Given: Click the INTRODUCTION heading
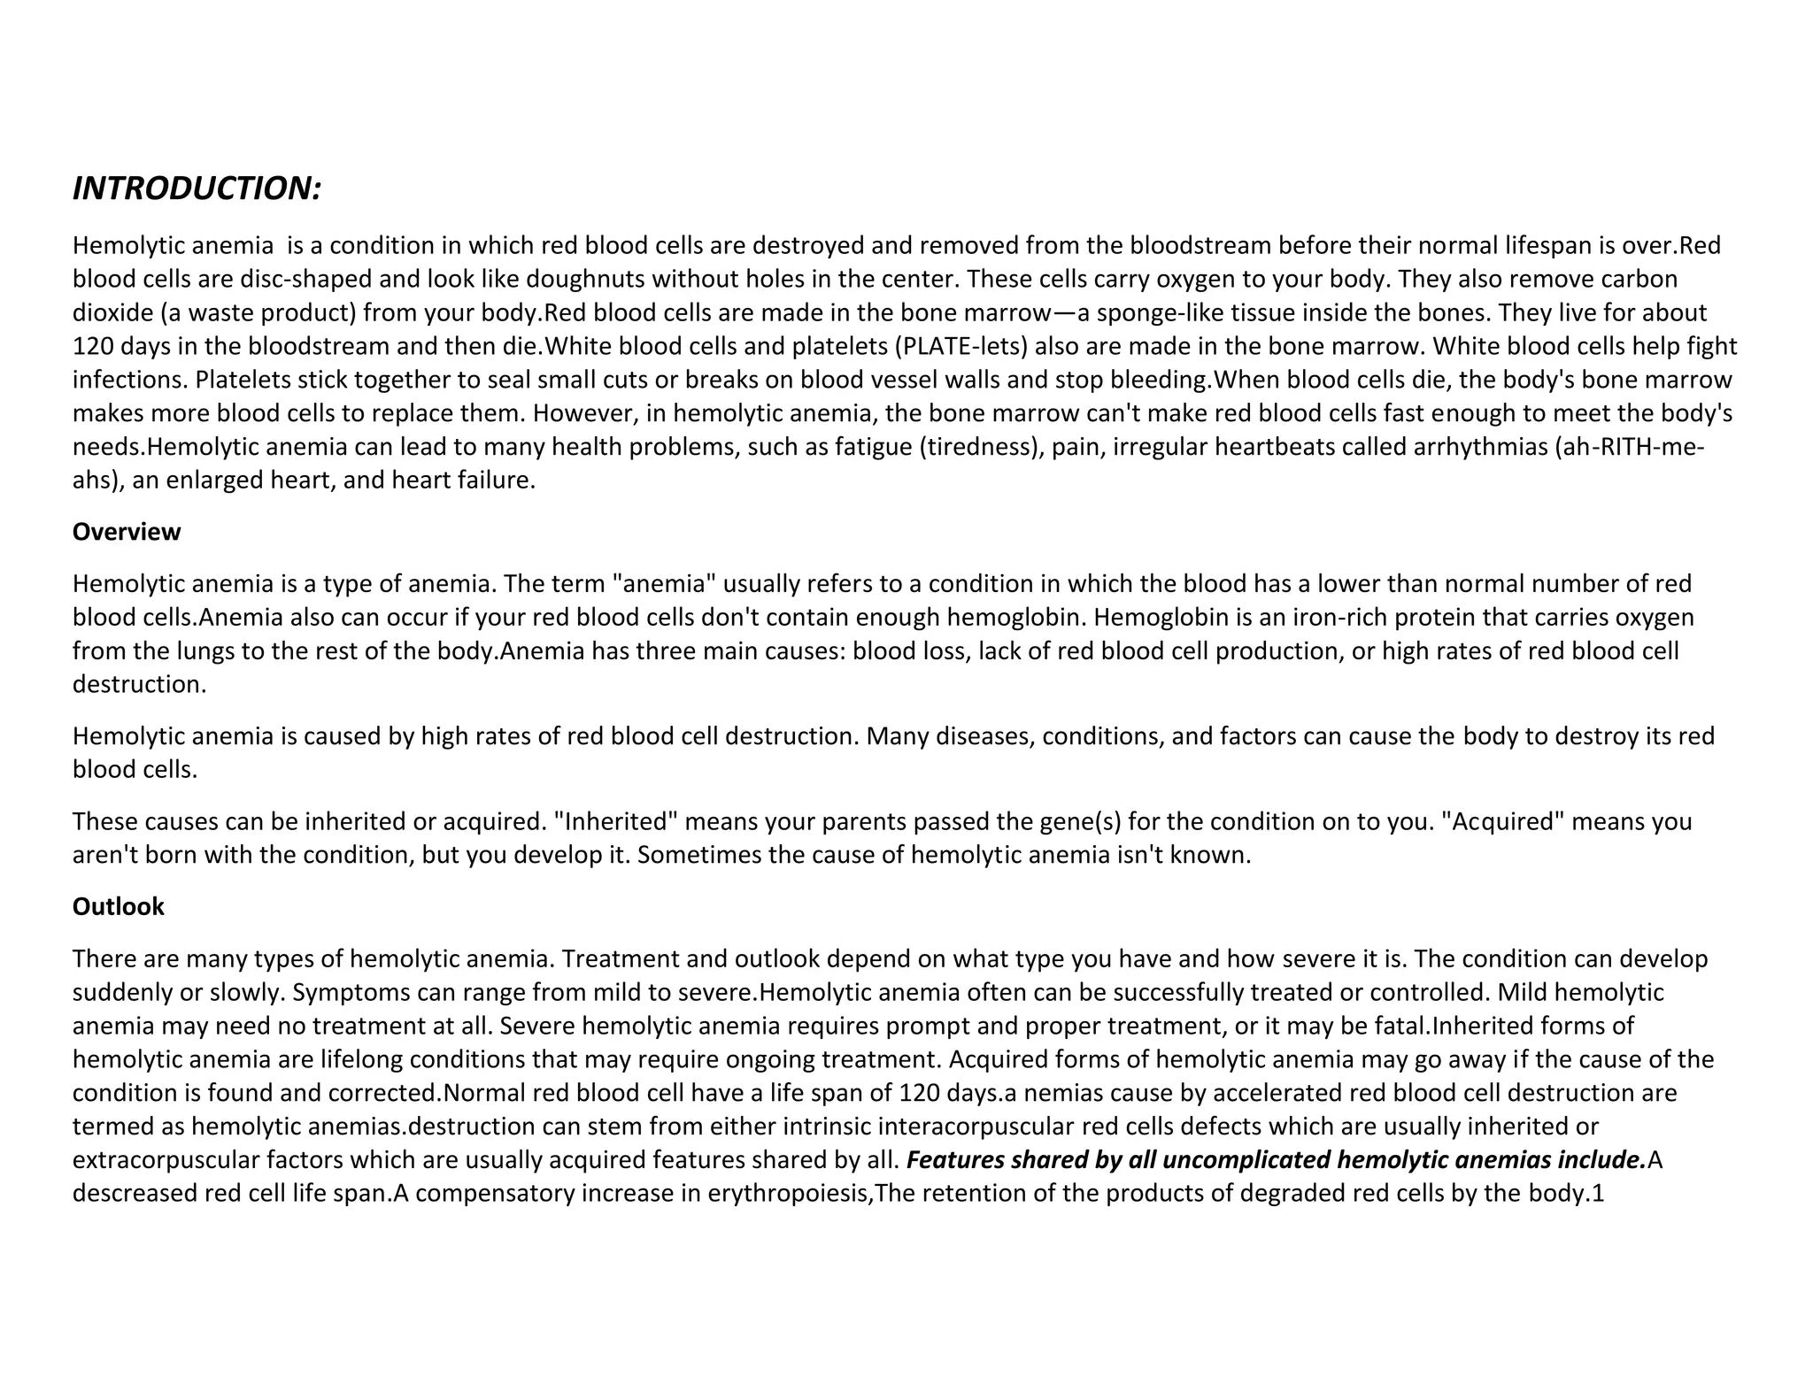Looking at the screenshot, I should [196, 188].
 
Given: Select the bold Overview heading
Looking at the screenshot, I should [127, 532].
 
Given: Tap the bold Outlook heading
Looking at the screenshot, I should [119, 906].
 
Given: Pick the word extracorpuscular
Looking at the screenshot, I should [166, 1160].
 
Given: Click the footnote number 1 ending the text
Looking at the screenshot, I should [1598, 1194].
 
